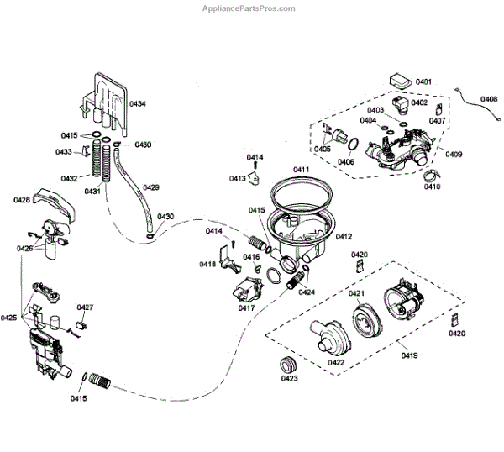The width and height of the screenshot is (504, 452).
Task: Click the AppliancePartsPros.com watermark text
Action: tap(249, 9)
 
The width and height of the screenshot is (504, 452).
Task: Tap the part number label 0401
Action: tap(423, 81)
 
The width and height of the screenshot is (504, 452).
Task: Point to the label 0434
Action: tap(137, 103)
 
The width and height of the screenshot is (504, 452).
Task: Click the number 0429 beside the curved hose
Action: tap(151, 187)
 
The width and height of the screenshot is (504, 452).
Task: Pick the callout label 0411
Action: tap(301, 170)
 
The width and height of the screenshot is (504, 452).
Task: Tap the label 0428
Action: tap(22, 200)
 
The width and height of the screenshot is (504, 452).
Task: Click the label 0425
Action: tap(9, 318)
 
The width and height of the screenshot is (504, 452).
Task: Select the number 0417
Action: tap(246, 308)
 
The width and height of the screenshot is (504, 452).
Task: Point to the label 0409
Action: tap(454, 155)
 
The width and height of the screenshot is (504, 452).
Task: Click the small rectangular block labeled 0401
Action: tap(398, 81)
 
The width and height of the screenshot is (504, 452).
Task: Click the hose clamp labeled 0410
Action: tap(430, 176)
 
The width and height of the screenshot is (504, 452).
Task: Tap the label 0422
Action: tap(337, 362)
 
